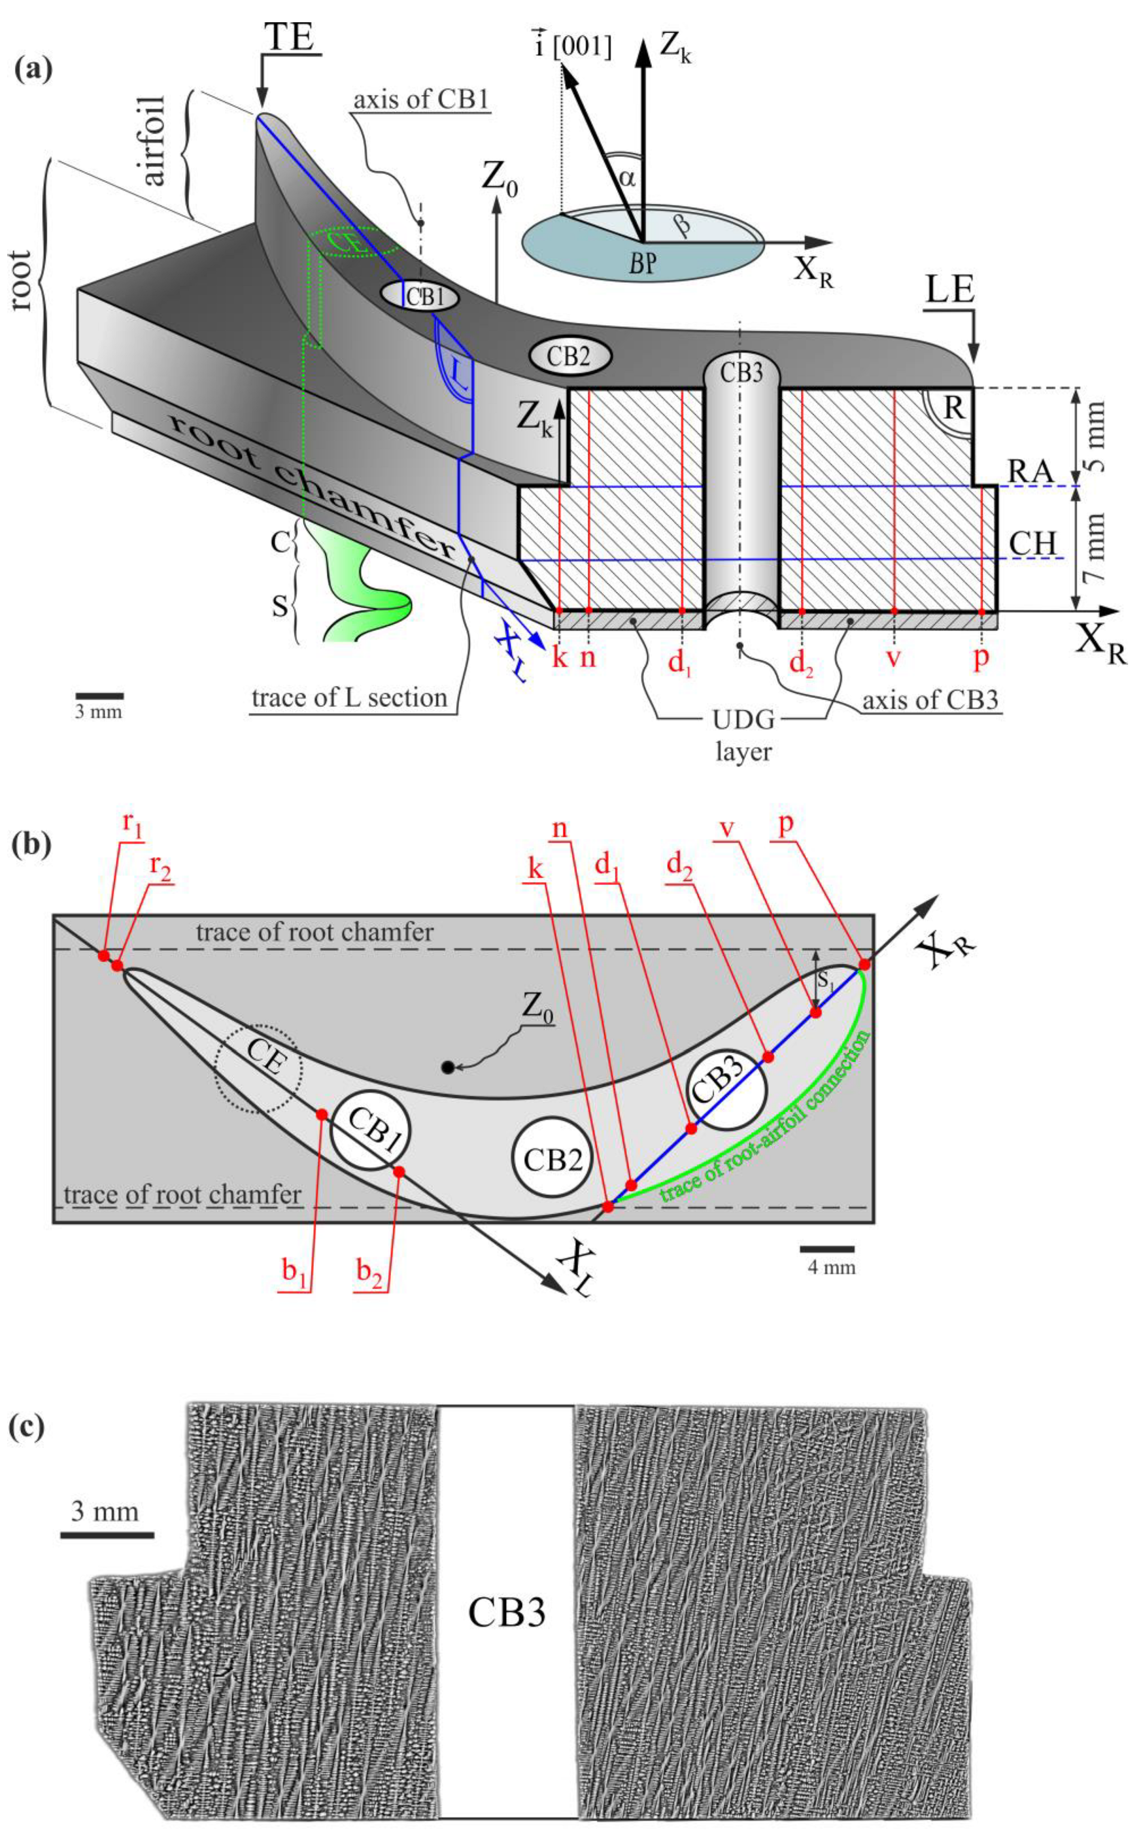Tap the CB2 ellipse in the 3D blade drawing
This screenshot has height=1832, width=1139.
(x=569, y=356)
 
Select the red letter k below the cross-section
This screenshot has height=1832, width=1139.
(x=559, y=657)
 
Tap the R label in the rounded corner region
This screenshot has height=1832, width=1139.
(x=954, y=408)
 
